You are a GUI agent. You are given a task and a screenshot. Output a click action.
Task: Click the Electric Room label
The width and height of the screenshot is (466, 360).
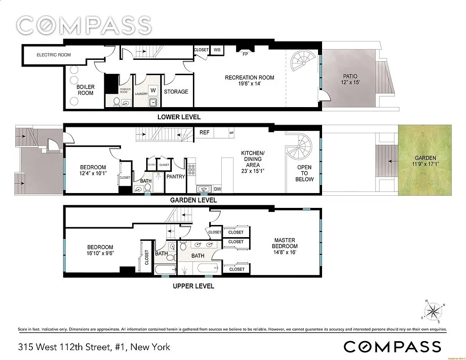(54, 55)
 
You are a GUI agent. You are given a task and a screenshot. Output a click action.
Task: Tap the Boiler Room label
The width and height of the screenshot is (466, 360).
(85, 90)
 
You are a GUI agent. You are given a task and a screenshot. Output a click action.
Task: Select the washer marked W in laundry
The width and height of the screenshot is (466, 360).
(153, 90)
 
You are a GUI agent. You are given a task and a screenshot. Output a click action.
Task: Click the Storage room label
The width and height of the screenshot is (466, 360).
(176, 91)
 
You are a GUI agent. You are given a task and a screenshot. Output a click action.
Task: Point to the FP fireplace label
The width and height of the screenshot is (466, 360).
(245, 54)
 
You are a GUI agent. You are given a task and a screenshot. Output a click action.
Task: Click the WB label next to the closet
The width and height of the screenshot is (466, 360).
(217, 49)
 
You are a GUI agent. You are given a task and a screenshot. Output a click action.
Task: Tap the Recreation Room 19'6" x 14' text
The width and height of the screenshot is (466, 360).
(249, 80)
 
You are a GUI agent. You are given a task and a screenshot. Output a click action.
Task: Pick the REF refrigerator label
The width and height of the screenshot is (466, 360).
(205, 133)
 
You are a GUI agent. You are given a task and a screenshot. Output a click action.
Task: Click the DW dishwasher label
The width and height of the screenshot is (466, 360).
(217, 189)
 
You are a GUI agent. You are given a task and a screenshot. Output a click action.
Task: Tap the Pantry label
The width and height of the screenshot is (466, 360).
(175, 176)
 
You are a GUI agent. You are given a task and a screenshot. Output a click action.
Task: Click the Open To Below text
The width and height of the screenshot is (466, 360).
(304, 173)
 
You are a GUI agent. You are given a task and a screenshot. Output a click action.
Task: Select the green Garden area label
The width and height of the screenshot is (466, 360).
(425, 161)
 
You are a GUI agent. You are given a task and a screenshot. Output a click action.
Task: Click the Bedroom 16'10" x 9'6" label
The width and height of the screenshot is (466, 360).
(100, 250)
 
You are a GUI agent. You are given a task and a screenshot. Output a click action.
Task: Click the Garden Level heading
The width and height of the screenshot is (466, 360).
(193, 200)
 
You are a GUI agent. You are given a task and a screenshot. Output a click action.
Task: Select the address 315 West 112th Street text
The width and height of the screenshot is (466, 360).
(94, 347)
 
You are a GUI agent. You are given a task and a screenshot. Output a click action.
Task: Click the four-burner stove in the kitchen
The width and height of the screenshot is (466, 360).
(192, 169)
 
